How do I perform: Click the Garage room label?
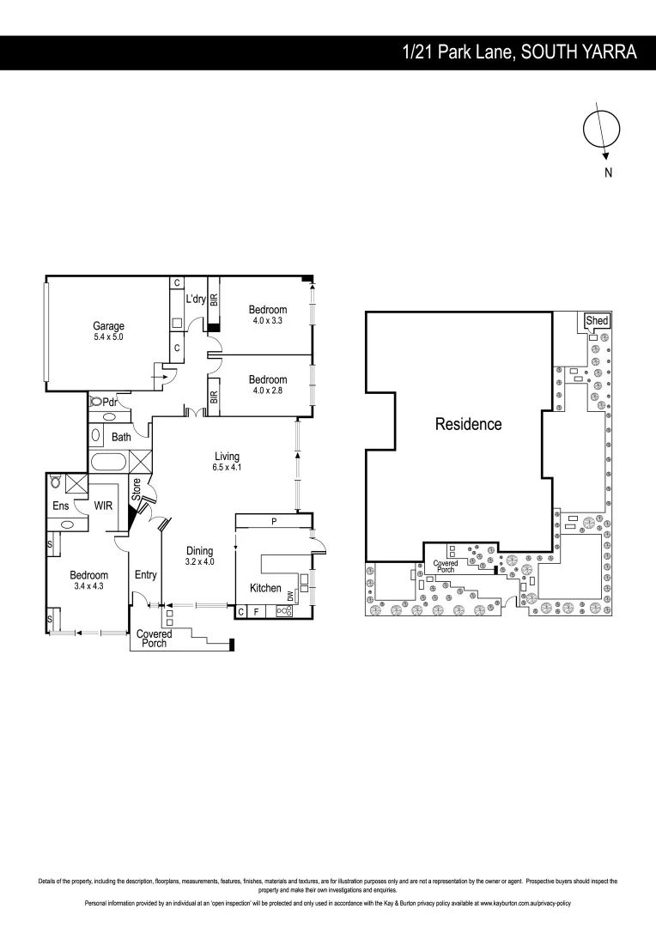[108, 326]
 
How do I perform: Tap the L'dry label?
[196, 300]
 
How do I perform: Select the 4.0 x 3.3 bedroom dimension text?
[268, 321]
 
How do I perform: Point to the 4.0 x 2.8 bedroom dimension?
[268, 391]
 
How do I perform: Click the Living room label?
[227, 457]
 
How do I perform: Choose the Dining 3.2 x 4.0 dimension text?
[199, 562]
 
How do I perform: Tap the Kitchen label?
[265, 588]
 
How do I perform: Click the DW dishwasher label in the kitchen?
[292, 595]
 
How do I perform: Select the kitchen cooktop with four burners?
[282, 611]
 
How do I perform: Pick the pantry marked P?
[273, 521]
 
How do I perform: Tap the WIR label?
[103, 506]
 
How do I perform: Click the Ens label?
[60, 506]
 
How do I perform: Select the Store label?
[136, 490]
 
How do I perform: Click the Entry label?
[145, 575]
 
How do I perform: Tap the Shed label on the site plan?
[597, 321]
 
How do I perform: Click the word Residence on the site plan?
[468, 424]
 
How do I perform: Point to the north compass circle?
[601, 127]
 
